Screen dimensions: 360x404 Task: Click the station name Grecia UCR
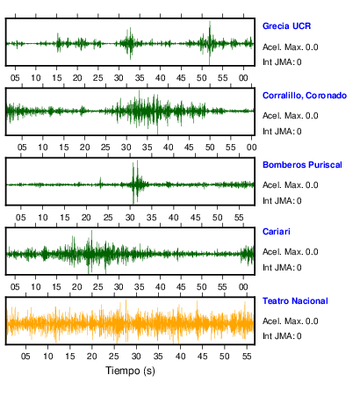pyautogui.click(x=286, y=26)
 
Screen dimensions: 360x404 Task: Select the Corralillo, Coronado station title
pyautogui.click(x=305, y=96)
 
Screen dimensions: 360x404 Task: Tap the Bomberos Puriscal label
pyautogui.click(x=302, y=165)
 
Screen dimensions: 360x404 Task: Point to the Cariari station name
pyautogui.click(x=277, y=232)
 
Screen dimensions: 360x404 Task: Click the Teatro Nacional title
pyautogui.click(x=295, y=301)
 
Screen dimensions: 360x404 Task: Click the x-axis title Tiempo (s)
pyautogui.click(x=130, y=371)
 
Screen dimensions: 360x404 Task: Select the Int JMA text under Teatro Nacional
pyautogui.click(x=278, y=335)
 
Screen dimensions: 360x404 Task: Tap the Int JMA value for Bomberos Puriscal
pyautogui.click(x=299, y=201)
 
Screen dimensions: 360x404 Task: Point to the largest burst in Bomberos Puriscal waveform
pyautogui.click(x=135, y=182)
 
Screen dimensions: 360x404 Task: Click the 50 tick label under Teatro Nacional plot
pyautogui.click(x=225, y=356)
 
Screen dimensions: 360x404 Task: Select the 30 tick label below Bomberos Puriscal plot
pyautogui.click(x=130, y=217)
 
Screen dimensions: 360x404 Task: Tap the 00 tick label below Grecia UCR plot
pyautogui.click(x=243, y=78)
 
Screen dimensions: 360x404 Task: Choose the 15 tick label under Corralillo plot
pyautogui.click(x=64, y=147)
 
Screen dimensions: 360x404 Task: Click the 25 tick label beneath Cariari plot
pyautogui.click(x=98, y=286)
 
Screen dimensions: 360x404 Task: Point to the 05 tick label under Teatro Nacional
pyautogui.click(x=25, y=356)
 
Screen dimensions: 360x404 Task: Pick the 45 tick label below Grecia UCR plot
pyautogui.click(x=181, y=78)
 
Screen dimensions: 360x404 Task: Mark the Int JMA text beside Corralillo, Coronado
pyautogui.click(x=278, y=132)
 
